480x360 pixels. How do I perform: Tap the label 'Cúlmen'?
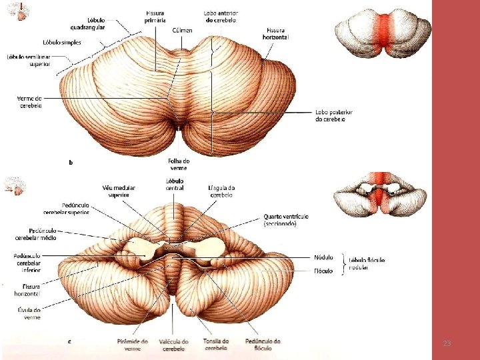[182, 31]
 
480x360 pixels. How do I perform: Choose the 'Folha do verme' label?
[179, 165]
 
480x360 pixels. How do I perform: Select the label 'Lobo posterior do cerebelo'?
[333, 116]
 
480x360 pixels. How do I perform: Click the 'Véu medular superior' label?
[119, 191]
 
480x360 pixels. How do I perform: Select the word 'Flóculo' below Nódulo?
[323, 271]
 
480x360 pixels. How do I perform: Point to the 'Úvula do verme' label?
[27, 313]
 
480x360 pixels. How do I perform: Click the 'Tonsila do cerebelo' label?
[216, 344]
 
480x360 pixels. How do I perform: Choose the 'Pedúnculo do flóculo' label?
[263, 344]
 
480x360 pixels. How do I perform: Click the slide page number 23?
[447, 343]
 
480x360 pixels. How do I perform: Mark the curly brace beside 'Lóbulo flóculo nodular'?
[343, 264]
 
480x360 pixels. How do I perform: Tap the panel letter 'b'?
[71, 161]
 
